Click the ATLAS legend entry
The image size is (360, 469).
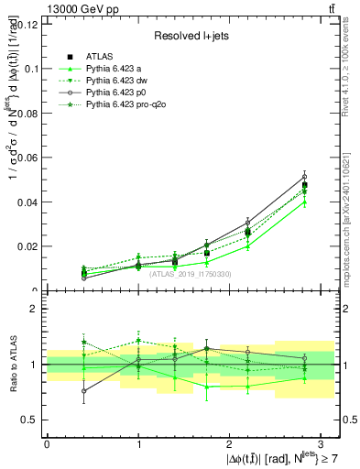click(x=98, y=56)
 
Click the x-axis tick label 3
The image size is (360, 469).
click(x=321, y=443)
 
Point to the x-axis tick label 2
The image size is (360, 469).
click(x=230, y=443)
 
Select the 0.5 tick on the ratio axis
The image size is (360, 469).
click(x=28, y=420)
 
